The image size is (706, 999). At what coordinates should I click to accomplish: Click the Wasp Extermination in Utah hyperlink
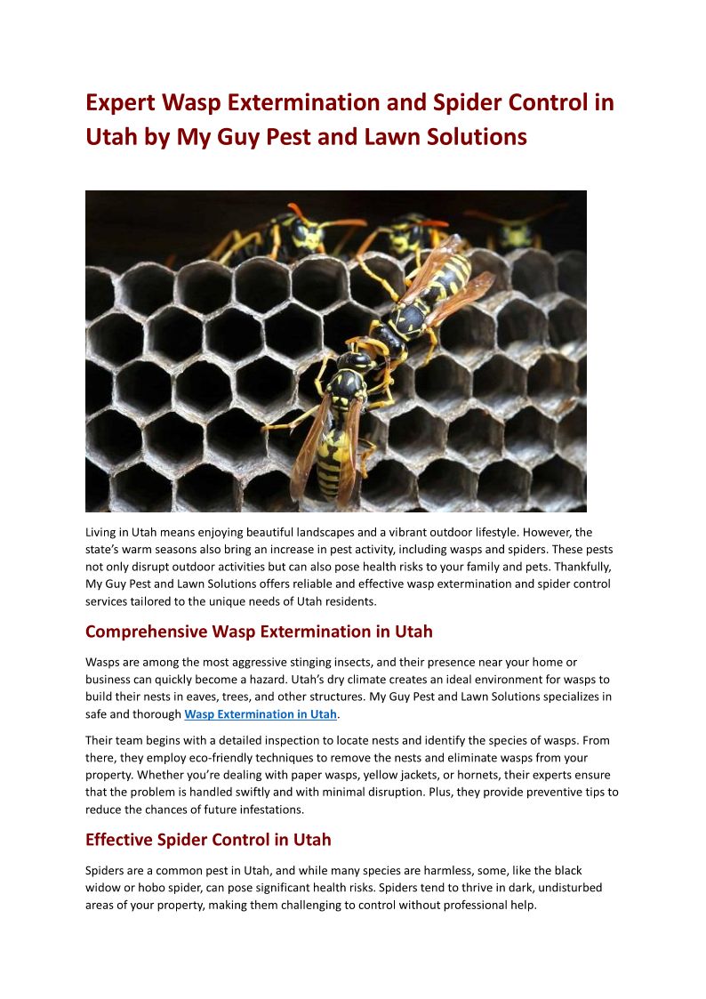(x=261, y=714)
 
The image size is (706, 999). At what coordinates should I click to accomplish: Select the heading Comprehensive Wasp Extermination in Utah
(x=259, y=632)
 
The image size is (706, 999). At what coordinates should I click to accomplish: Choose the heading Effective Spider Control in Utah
(x=208, y=840)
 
